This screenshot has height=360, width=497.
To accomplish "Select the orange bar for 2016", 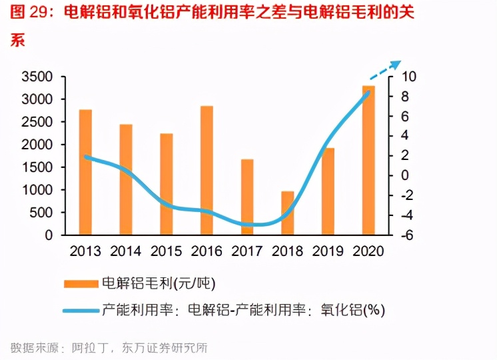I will pyautogui.click(x=207, y=171).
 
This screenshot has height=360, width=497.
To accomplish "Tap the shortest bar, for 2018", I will pyautogui.click(x=287, y=213).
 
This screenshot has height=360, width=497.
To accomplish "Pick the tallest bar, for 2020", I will pyautogui.click(x=368, y=160).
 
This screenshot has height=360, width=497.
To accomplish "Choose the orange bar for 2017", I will pyautogui.click(x=247, y=197).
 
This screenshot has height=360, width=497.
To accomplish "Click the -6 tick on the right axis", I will pyautogui.click(x=408, y=235).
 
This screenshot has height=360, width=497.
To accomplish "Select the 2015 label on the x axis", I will pyautogui.click(x=166, y=251).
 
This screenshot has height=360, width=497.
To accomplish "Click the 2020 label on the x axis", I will pyautogui.click(x=368, y=251).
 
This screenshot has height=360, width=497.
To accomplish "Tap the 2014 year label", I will pyautogui.click(x=126, y=251).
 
